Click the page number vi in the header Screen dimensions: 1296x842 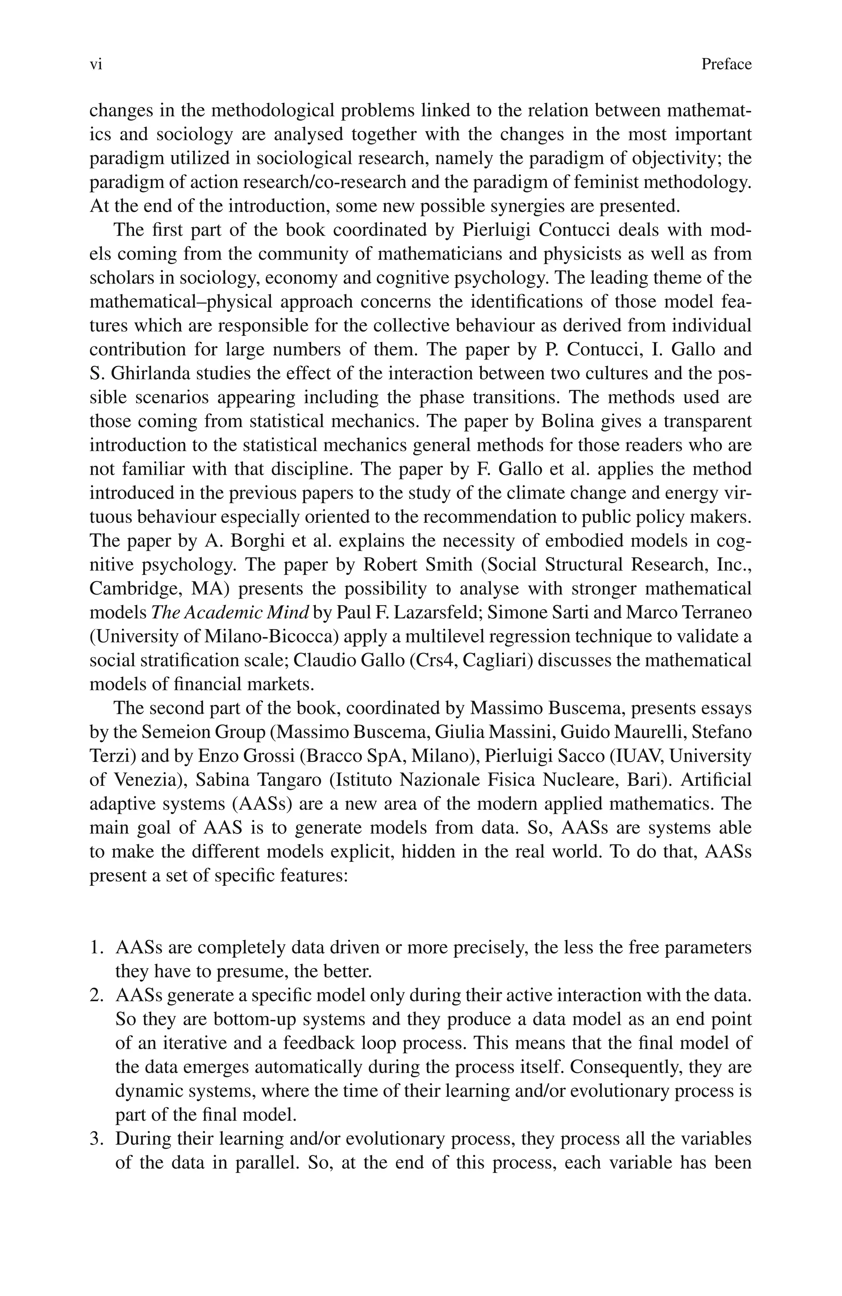click(96, 65)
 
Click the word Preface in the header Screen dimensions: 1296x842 click(726, 65)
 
